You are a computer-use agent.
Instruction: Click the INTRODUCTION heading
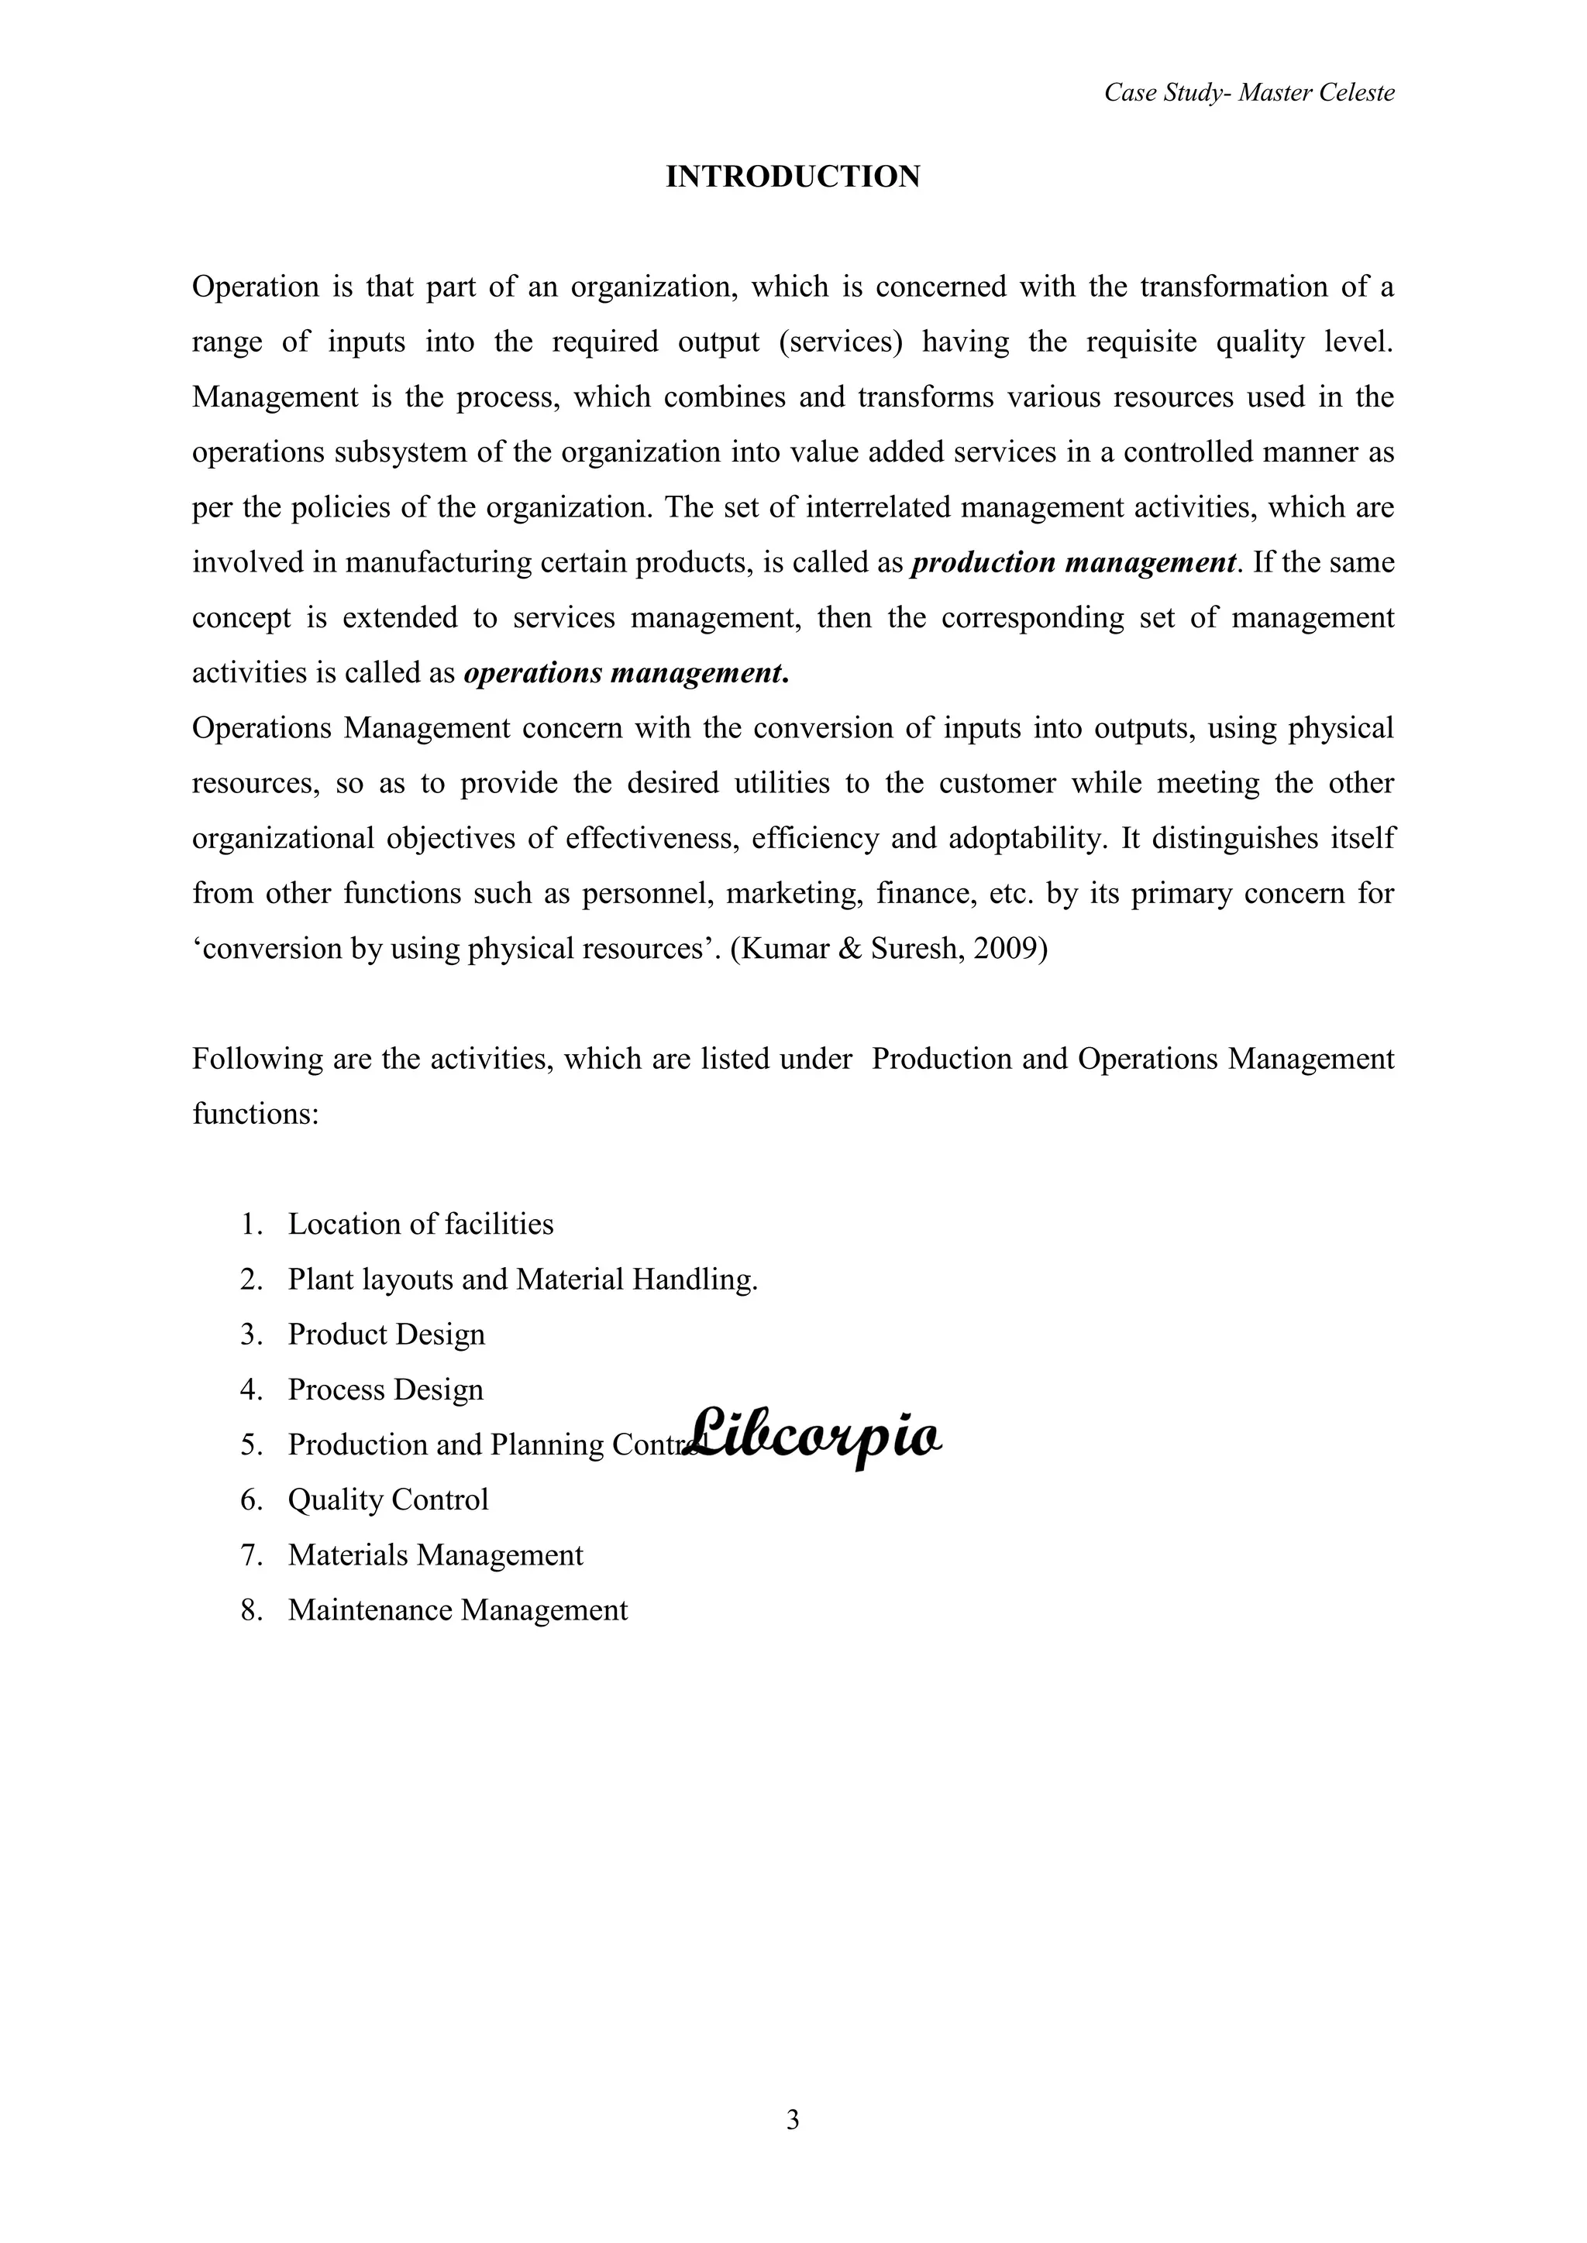793,177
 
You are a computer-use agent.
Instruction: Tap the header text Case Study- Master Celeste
1249,93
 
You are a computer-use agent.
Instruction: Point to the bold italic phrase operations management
625,673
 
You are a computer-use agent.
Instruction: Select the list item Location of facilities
420,1224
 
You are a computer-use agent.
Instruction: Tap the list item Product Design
386,1334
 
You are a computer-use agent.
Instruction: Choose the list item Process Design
385,1389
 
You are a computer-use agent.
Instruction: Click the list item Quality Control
388,1499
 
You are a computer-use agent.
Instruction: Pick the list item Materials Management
435,1554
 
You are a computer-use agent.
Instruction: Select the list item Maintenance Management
457,1610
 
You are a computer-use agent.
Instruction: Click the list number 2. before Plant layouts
251,1280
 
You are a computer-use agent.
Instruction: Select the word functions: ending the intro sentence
255,1114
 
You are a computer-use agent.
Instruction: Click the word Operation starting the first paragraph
255,287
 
